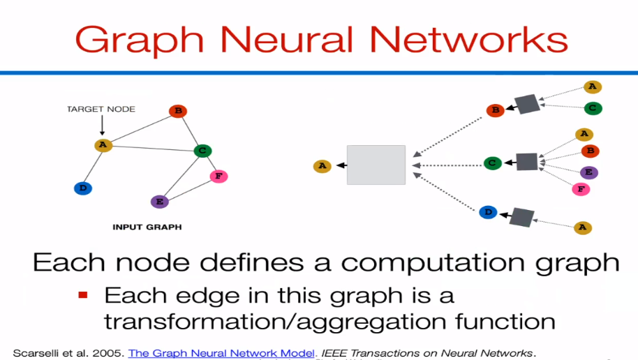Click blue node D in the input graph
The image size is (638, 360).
[83, 188]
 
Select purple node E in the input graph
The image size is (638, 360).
[160, 202]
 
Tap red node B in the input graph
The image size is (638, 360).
[178, 111]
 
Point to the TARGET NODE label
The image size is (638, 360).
[101, 109]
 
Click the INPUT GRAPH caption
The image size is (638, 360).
[147, 227]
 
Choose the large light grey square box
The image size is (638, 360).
[376, 165]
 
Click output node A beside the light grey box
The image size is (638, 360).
[322, 166]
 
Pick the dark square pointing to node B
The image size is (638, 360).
[527, 104]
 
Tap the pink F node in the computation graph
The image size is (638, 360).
[579, 188]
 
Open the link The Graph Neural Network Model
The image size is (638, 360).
[221, 353]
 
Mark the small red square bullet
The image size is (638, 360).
[83, 295]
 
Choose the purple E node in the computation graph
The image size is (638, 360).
[589, 172]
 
